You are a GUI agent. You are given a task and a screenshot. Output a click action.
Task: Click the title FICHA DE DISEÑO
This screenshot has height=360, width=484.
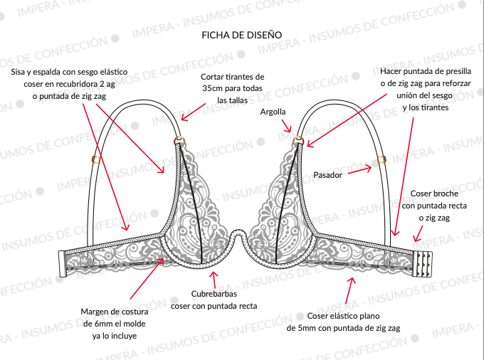click(242, 35)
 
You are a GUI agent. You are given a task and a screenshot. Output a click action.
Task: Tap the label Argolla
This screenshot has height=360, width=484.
click(273, 112)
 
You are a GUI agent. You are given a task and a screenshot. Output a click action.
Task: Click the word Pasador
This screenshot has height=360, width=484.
click(327, 175)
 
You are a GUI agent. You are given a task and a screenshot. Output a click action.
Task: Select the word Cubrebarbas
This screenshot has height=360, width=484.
click(214, 294)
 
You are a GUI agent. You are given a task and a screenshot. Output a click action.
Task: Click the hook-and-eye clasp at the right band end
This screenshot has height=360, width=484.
click(423, 264)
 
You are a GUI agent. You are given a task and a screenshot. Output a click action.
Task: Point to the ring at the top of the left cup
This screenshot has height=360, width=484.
click(179, 140)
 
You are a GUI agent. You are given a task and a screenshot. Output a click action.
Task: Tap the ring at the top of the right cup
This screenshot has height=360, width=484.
click(298, 141)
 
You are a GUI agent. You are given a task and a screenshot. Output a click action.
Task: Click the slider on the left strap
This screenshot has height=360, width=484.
click(96, 160)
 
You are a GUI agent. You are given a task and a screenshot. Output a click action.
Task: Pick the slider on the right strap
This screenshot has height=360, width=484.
click(382, 160)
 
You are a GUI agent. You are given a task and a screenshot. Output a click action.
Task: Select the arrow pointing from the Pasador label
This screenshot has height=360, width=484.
click(359, 171)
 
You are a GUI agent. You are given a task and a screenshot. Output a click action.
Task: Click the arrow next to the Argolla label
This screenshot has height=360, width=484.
click(286, 126)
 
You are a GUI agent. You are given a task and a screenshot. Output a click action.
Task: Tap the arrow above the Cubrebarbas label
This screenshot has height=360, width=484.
click(214, 280)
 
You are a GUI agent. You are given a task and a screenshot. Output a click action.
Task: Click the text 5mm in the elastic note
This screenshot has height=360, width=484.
click(307, 328)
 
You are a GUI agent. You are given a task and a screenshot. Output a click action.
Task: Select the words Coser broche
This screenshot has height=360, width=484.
click(434, 194)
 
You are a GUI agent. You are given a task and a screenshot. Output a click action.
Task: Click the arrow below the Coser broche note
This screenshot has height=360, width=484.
click(419, 233)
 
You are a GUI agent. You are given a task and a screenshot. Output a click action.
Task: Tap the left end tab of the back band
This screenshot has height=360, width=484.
click(62, 264)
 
